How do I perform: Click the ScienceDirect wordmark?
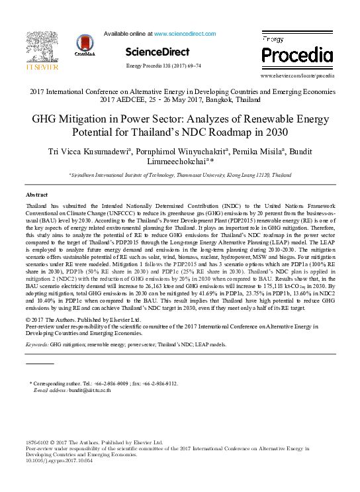157,52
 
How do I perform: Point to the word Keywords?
37,345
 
